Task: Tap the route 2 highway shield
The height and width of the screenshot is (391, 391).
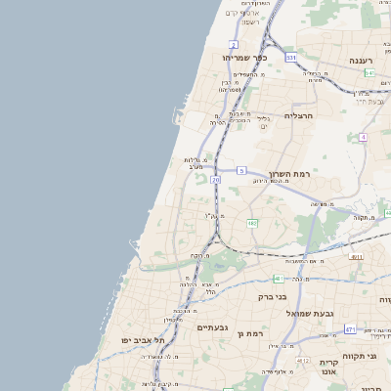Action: coord(234,45)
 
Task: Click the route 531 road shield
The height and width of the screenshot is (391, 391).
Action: coord(290,58)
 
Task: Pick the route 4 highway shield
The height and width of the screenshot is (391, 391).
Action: coord(363,138)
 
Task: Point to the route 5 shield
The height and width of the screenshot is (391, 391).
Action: coord(241,170)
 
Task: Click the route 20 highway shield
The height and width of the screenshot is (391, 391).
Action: coord(215,180)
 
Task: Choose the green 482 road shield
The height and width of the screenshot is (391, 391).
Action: coord(251,224)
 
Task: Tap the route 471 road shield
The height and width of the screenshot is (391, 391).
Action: coord(349,329)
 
